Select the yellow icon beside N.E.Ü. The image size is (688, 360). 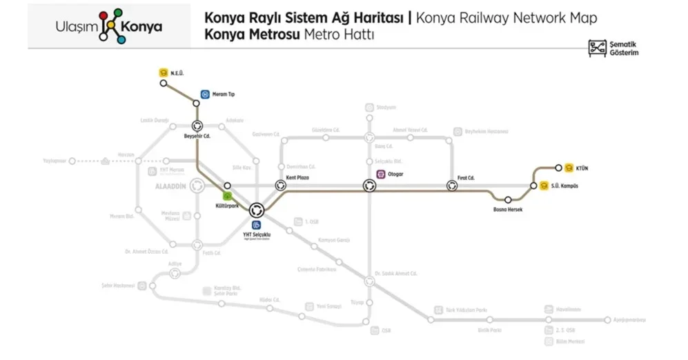click(164, 71)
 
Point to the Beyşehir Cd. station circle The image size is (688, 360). click(197, 126)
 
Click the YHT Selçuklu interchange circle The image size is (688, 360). click(257, 210)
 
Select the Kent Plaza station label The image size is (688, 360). click(297, 177)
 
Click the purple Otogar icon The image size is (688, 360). click(380, 174)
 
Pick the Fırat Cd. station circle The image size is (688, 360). click(452, 185)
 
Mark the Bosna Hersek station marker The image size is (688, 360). click(507, 200)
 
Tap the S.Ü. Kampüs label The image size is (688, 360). click(563, 186)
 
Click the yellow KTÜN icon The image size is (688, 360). click(569, 167)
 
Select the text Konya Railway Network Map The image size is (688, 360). click(508, 17)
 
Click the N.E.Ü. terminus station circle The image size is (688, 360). click(164, 83)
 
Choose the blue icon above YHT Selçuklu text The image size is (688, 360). click(257, 225)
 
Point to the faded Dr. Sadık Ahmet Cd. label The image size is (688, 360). click(396, 273)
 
